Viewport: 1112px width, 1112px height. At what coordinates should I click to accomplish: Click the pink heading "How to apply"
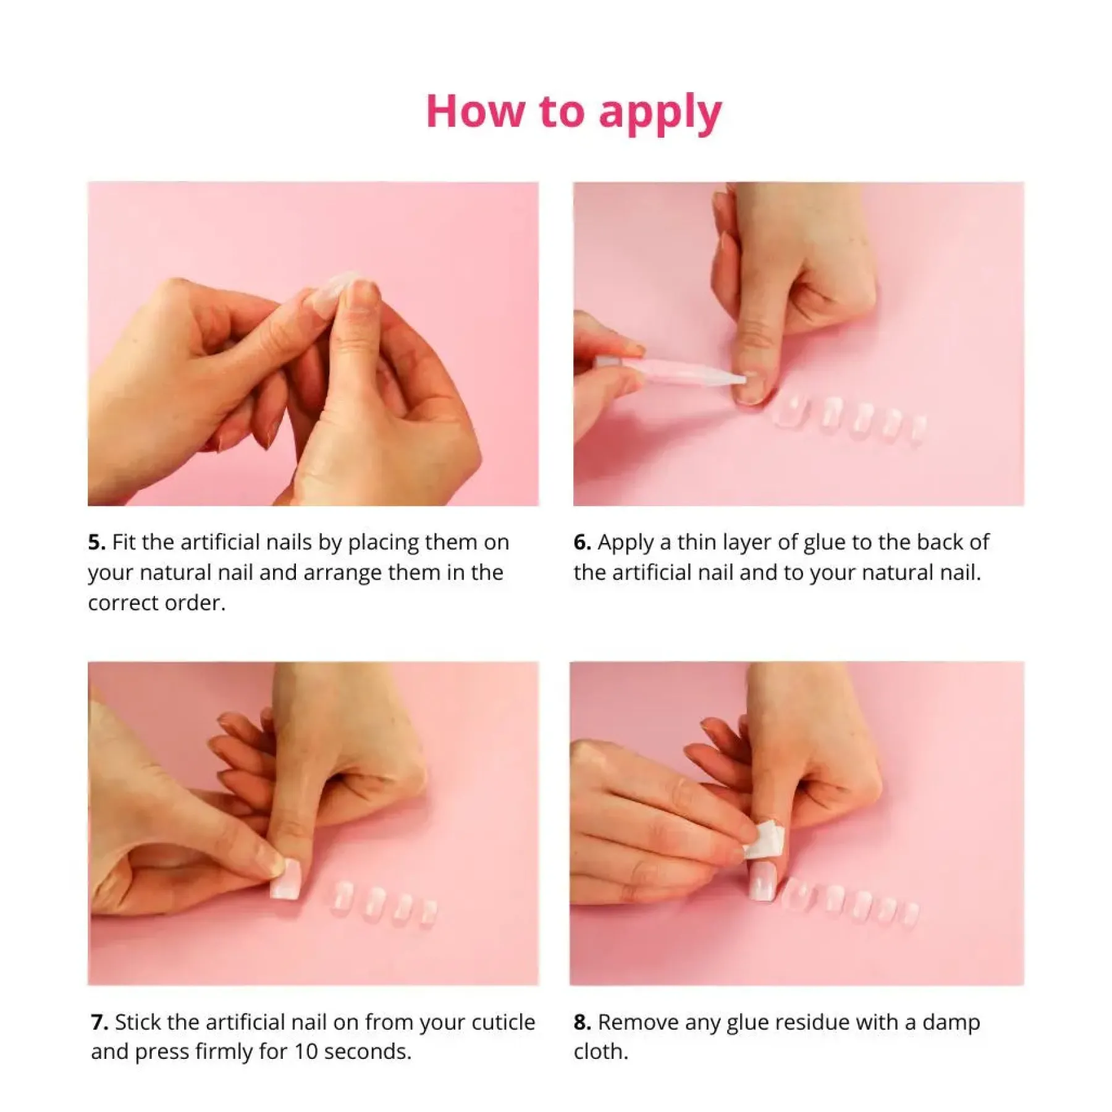pos(574,112)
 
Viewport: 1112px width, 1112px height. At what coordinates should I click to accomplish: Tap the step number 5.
pos(96,542)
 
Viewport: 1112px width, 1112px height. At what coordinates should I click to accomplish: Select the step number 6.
pos(582,542)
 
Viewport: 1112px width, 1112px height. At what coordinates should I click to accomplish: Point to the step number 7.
pos(99,1022)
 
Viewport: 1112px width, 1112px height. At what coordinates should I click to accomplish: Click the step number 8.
pos(582,1022)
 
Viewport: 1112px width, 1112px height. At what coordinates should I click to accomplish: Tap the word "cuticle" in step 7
pos(503,1022)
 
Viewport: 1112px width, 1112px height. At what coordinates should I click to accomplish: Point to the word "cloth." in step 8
pos(600,1052)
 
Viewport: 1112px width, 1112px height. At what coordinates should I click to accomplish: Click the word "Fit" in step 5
pos(124,542)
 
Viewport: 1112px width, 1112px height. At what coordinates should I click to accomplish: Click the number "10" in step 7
pos(306,1052)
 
